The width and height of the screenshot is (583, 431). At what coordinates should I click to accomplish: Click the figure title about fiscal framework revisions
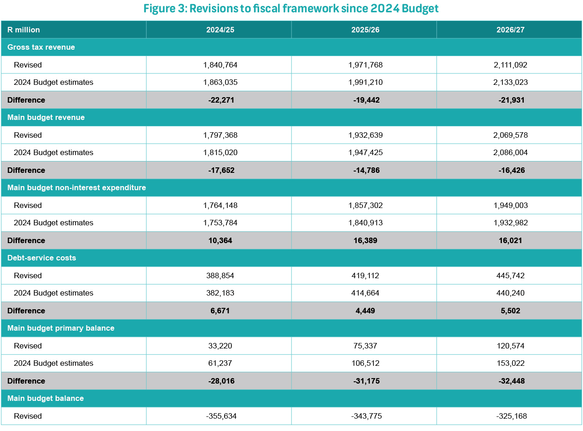click(x=291, y=9)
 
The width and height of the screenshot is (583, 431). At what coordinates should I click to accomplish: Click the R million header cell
click(x=24, y=30)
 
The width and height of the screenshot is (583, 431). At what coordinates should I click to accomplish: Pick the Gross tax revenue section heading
click(x=41, y=47)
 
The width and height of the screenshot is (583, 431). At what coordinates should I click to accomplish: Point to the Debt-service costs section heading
click(x=41, y=258)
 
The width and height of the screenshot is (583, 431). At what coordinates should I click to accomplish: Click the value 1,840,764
click(x=220, y=65)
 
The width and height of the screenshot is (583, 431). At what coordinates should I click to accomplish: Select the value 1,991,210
click(x=365, y=83)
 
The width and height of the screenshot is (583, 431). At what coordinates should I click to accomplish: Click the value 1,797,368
click(x=220, y=135)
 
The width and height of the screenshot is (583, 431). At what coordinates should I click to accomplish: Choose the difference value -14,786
click(x=365, y=170)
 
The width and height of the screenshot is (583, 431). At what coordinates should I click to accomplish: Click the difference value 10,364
click(x=220, y=240)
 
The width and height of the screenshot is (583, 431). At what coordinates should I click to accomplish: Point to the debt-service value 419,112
click(x=365, y=275)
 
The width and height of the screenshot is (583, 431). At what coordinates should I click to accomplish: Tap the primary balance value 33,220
click(x=220, y=346)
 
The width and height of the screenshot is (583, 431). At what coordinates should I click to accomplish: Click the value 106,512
click(x=365, y=363)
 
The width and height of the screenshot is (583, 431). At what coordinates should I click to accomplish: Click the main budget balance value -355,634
click(x=220, y=416)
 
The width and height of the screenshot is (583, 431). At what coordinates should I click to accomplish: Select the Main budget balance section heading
click(x=46, y=399)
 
